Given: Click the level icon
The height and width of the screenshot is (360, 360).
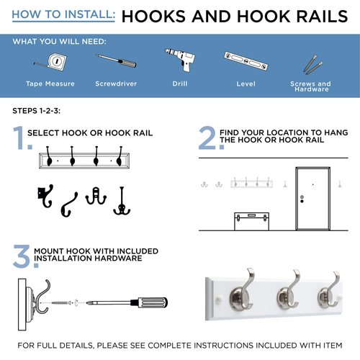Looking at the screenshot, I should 246,63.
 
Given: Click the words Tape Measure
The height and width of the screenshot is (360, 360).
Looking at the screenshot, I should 50,84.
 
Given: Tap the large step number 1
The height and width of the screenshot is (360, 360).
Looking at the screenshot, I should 19,138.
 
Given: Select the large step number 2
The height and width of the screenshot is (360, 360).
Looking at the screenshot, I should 207,138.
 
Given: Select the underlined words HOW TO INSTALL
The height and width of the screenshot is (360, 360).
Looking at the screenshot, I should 63,14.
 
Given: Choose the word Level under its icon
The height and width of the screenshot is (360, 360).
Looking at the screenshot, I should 246,84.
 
